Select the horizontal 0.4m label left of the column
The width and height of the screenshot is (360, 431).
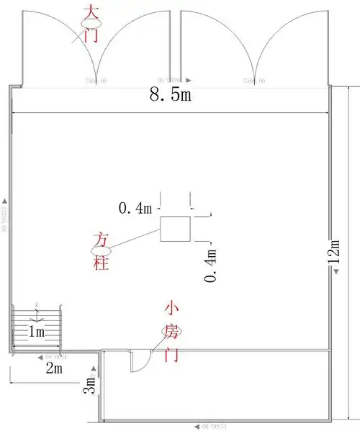(x=135, y=209)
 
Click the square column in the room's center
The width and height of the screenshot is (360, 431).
(x=175, y=229)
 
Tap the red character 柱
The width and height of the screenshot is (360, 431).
(x=101, y=263)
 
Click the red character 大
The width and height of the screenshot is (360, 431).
(x=91, y=12)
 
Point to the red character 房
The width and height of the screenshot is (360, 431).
(x=171, y=331)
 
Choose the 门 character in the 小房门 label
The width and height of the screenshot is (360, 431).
(x=171, y=355)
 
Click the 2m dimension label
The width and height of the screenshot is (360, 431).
(x=54, y=368)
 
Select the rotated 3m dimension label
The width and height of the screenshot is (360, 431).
(x=89, y=386)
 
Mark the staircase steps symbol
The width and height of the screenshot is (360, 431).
(x=39, y=317)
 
